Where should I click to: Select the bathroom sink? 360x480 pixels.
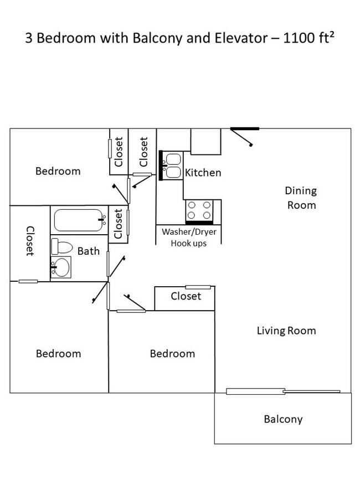tap(61, 268)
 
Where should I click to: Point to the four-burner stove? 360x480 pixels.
tap(199, 210)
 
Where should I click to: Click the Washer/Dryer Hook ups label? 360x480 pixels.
tap(188, 238)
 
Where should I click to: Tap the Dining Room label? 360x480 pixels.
tap(301, 198)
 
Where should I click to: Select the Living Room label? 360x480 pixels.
tap(286, 331)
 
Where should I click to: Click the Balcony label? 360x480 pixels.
tap(283, 419)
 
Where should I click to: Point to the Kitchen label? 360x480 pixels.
tap(203, 173)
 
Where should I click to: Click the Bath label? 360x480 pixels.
tap(88, 251)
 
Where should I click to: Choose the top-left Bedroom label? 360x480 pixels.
tap(58, 171)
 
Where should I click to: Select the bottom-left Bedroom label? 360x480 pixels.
tap(58, 353)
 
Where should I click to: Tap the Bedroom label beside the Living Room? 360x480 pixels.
tap(172, 353)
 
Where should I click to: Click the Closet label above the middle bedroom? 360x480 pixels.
tap(186, 296)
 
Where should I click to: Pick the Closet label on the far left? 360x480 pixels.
tap(30, 241)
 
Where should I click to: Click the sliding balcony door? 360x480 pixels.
tap(283, 392)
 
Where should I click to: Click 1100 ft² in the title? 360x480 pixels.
tap(302, 39)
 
